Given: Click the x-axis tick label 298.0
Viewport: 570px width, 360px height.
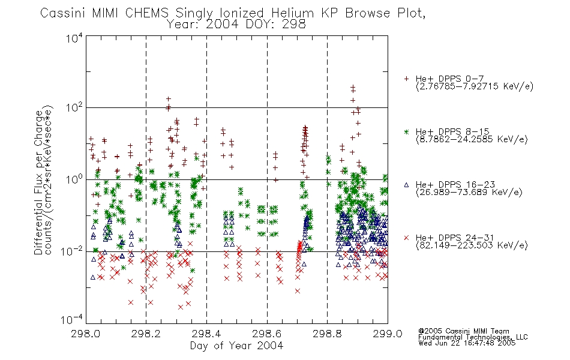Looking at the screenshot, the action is [x=85, y=334].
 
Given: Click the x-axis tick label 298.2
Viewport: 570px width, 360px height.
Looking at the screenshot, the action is [x=146, y=334].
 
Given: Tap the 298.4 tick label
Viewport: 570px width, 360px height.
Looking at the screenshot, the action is [x=206, y=334].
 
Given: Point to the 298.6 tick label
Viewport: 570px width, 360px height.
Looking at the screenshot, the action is [x=267, y=334].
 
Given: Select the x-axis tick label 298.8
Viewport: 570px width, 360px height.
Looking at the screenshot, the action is [x=327, y=334].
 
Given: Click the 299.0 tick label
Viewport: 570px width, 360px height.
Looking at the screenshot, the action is [x=388, y=334].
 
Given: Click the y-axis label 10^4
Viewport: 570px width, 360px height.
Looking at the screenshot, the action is [x=74, y=38].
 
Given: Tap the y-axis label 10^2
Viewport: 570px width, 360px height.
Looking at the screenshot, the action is [x=74, y=108].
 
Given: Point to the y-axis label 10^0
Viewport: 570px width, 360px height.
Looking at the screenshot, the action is [x=74, y=179].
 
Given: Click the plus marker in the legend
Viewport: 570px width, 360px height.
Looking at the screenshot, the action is [x=406, y=79].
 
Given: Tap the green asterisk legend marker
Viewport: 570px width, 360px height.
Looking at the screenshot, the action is [x=406, y=131].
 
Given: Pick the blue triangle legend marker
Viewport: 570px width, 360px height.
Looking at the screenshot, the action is [x=406, y=185].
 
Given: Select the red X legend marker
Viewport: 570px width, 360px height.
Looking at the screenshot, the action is [x=406, y=238].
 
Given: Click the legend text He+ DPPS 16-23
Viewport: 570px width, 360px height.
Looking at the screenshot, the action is [x=455, y=185].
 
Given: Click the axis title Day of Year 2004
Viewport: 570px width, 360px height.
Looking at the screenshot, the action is [x=236, y=346].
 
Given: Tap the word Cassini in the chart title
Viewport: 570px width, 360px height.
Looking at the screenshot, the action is [x=63, y=13].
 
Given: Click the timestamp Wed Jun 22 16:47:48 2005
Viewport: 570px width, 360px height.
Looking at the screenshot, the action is [x=467, y=343].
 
